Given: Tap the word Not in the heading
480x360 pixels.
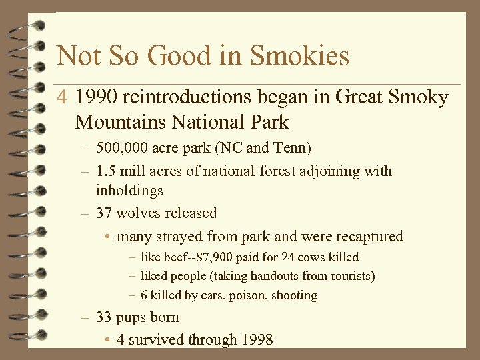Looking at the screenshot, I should (76, 56).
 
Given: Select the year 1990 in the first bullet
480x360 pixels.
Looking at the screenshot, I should (96, 98).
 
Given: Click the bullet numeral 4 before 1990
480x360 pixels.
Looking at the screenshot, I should (61, 99).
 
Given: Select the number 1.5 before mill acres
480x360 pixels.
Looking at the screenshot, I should (105, 171).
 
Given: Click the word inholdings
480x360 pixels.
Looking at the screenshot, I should (129, 191).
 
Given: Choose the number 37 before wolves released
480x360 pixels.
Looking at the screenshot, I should (104, 213).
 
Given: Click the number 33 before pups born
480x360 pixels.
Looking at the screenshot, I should (104, 317).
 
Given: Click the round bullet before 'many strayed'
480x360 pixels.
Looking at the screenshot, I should (108, 237).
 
